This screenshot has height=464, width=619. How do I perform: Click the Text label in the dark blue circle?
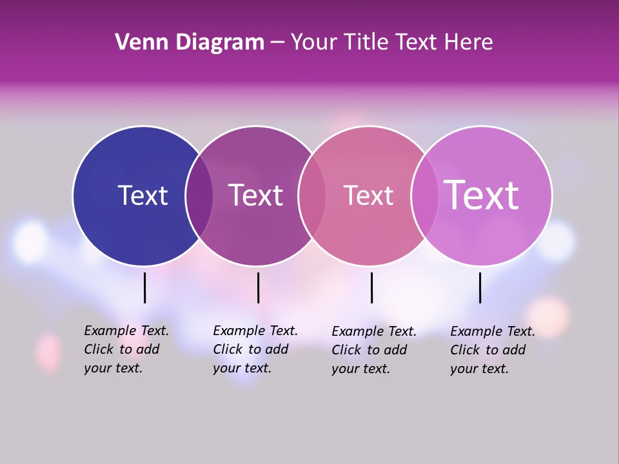point(142,195)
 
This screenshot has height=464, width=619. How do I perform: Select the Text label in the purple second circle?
point(255,195)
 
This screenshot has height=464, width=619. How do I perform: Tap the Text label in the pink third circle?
point(368,195)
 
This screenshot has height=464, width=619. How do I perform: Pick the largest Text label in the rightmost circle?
point(481,195)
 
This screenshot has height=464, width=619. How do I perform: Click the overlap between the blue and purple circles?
point(199,196)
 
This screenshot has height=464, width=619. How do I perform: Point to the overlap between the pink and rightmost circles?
point(424,196)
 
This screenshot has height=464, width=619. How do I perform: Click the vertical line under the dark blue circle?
point(144,287)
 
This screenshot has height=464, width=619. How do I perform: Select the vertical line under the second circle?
point(258,287)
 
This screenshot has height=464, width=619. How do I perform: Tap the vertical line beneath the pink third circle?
point(371,287)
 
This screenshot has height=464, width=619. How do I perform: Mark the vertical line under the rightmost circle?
point(480,287)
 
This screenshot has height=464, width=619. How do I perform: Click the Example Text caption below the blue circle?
point(126,349)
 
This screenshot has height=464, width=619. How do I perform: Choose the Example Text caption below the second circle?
point(255,349)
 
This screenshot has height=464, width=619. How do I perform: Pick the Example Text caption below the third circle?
point(374,350)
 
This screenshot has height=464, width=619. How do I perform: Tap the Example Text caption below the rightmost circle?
point(493,350)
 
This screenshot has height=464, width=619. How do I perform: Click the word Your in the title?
point(313,43)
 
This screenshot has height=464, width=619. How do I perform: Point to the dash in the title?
point(277,43)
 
